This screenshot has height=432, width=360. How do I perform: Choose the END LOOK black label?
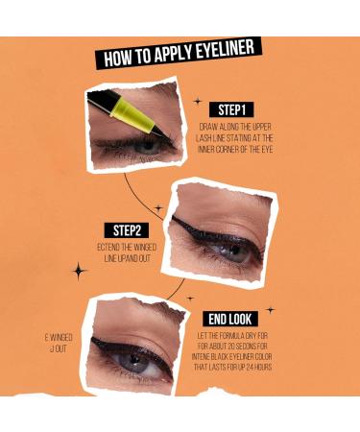229,319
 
